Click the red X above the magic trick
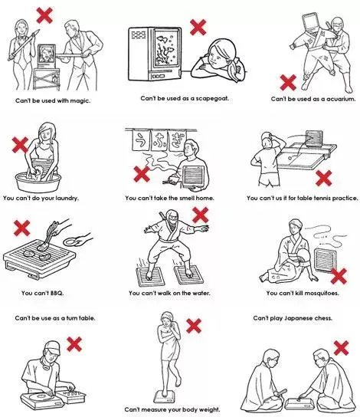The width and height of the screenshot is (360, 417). [x=44, y=15]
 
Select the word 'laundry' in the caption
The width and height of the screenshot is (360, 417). [x=67, y=198]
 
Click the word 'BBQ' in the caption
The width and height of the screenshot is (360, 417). [x=57, y=293]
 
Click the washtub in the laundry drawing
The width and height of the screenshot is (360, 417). [x=38, y=182]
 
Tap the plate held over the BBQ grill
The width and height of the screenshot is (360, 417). [x=70, y=242]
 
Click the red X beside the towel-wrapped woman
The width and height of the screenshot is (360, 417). [x=194, y=326]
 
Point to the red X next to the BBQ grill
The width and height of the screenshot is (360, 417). [x=21, y=228]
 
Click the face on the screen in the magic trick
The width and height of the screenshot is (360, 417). [x=47, y=54]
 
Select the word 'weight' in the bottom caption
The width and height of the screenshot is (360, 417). [x=209, y=409]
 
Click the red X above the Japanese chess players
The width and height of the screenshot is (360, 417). [x=341, y=348]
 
